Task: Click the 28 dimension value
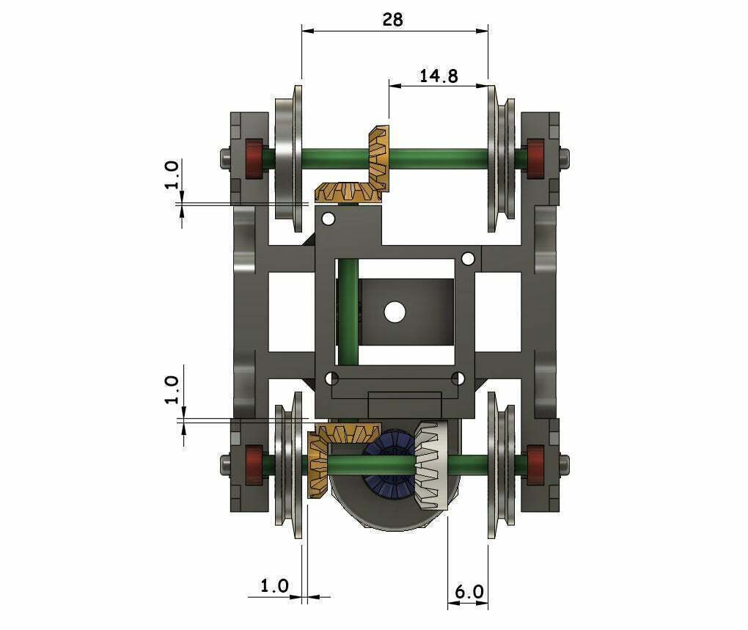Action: [392, 20]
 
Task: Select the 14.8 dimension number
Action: [439, 76]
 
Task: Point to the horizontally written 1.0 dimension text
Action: [274, 586]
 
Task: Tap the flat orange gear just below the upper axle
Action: [346, 194]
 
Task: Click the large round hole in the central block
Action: [395, 312]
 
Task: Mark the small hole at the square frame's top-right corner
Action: [467, 258]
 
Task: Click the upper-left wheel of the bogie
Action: [287, 158]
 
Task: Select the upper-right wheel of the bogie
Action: [501, 158]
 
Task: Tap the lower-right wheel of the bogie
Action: [501, 464]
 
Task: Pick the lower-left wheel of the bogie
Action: [287, 464]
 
